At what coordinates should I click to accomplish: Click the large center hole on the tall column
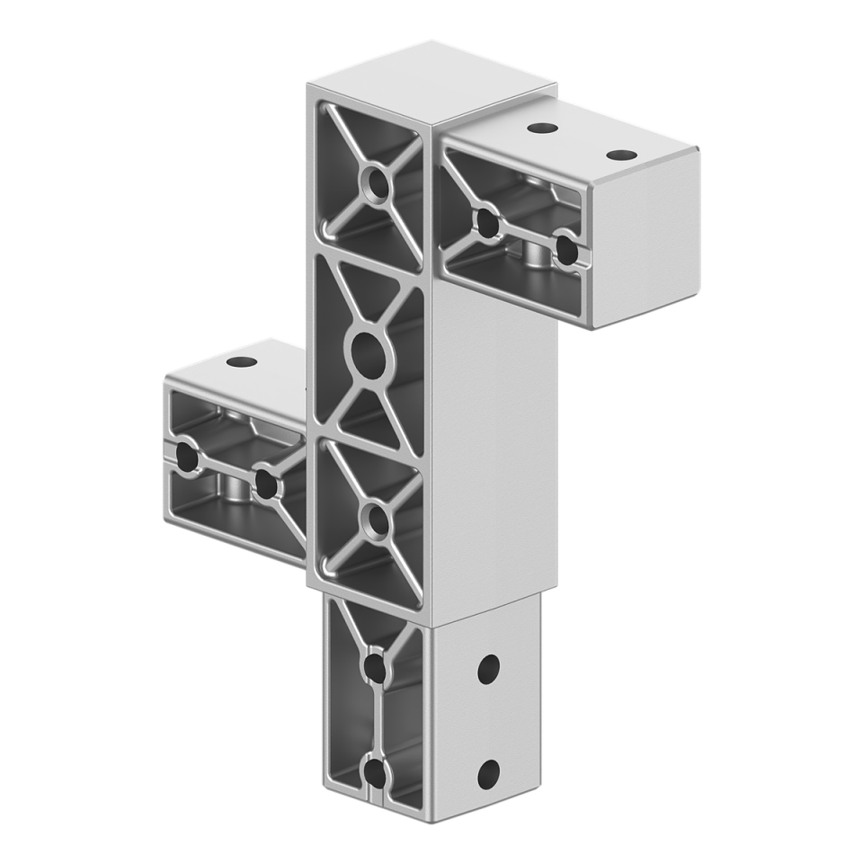coord(366,353)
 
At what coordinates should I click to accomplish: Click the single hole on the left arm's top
coord(241,363)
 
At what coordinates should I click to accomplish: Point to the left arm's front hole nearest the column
coord(265,484)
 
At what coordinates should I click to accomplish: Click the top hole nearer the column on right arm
coord(539,129)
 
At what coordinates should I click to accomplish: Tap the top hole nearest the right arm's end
coord(618,155)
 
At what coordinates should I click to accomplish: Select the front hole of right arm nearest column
coord(486,221)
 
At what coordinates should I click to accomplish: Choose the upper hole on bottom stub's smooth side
coord(488,668)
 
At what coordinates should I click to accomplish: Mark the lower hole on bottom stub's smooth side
coord(488,773)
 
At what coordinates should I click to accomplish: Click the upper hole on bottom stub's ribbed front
coord(375,668)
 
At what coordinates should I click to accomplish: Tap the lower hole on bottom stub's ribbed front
coord(375,773)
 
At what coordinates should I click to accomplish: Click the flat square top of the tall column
coord(431,81)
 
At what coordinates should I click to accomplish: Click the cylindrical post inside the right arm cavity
coord(536,256)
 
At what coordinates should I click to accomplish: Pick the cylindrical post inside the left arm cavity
coord(236,490)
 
